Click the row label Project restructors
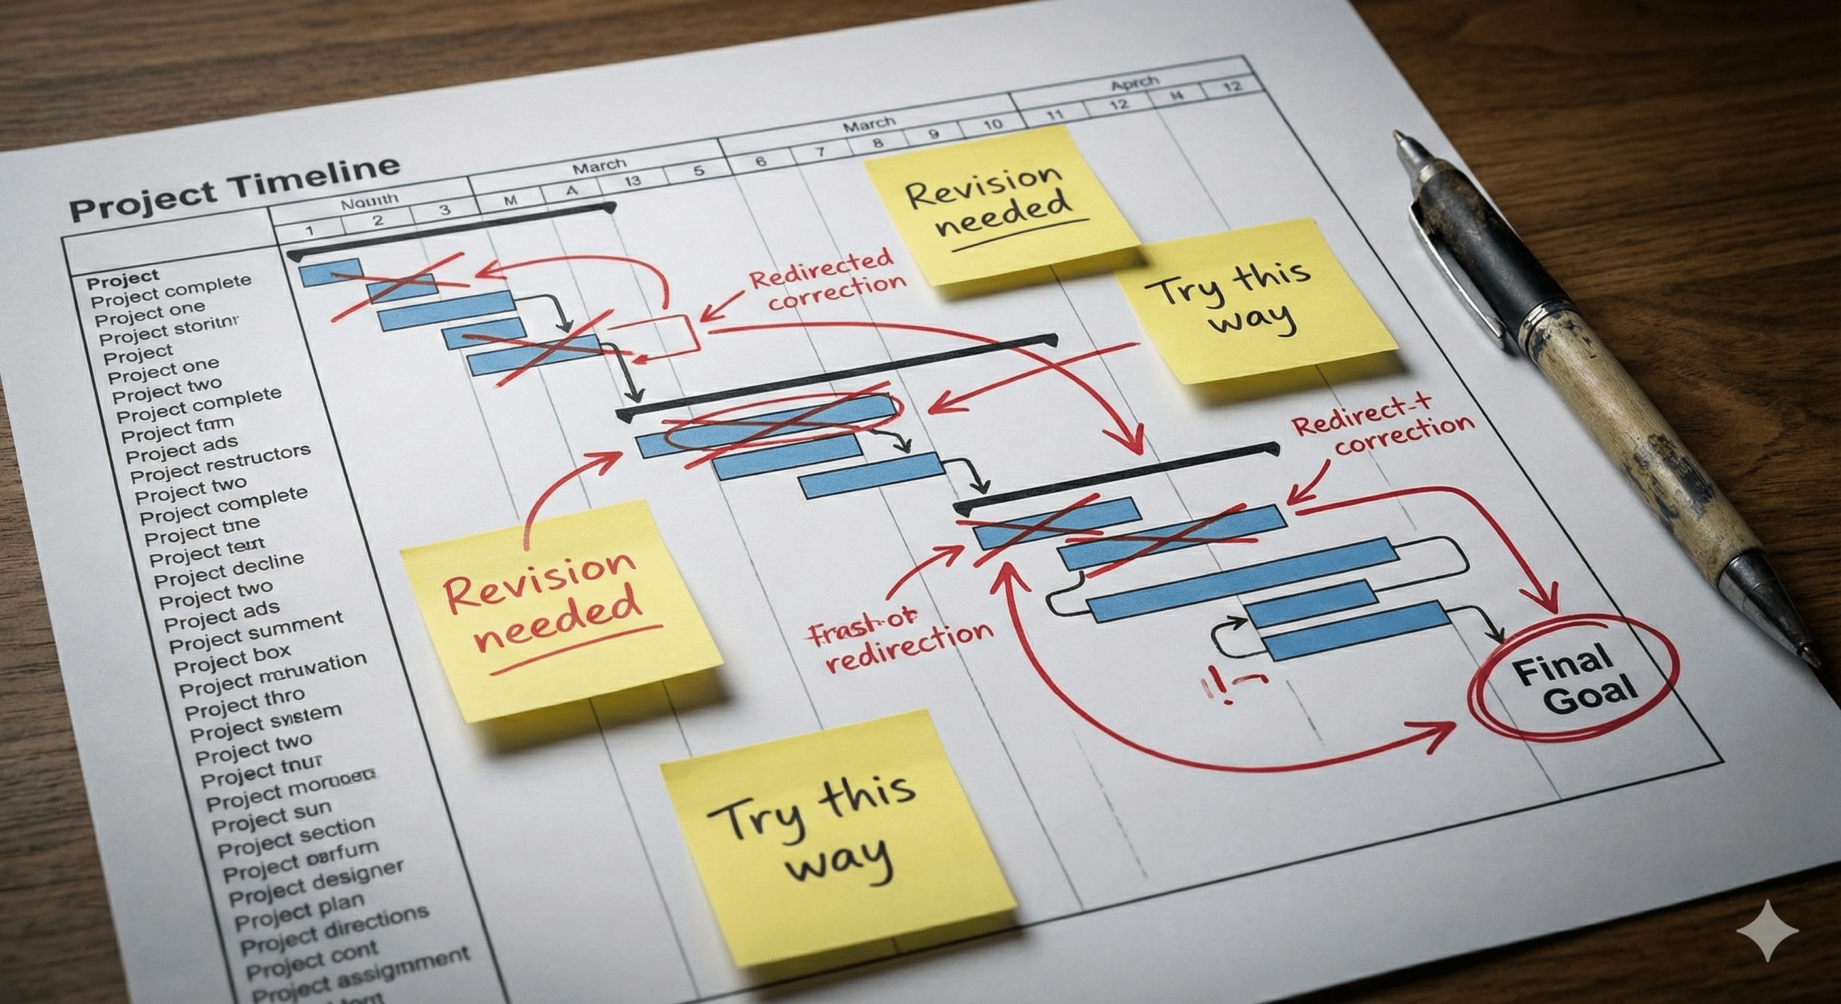click(x=220, y=463)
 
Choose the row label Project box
click(x=232, y=660)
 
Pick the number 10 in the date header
click(x=992, y=124)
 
